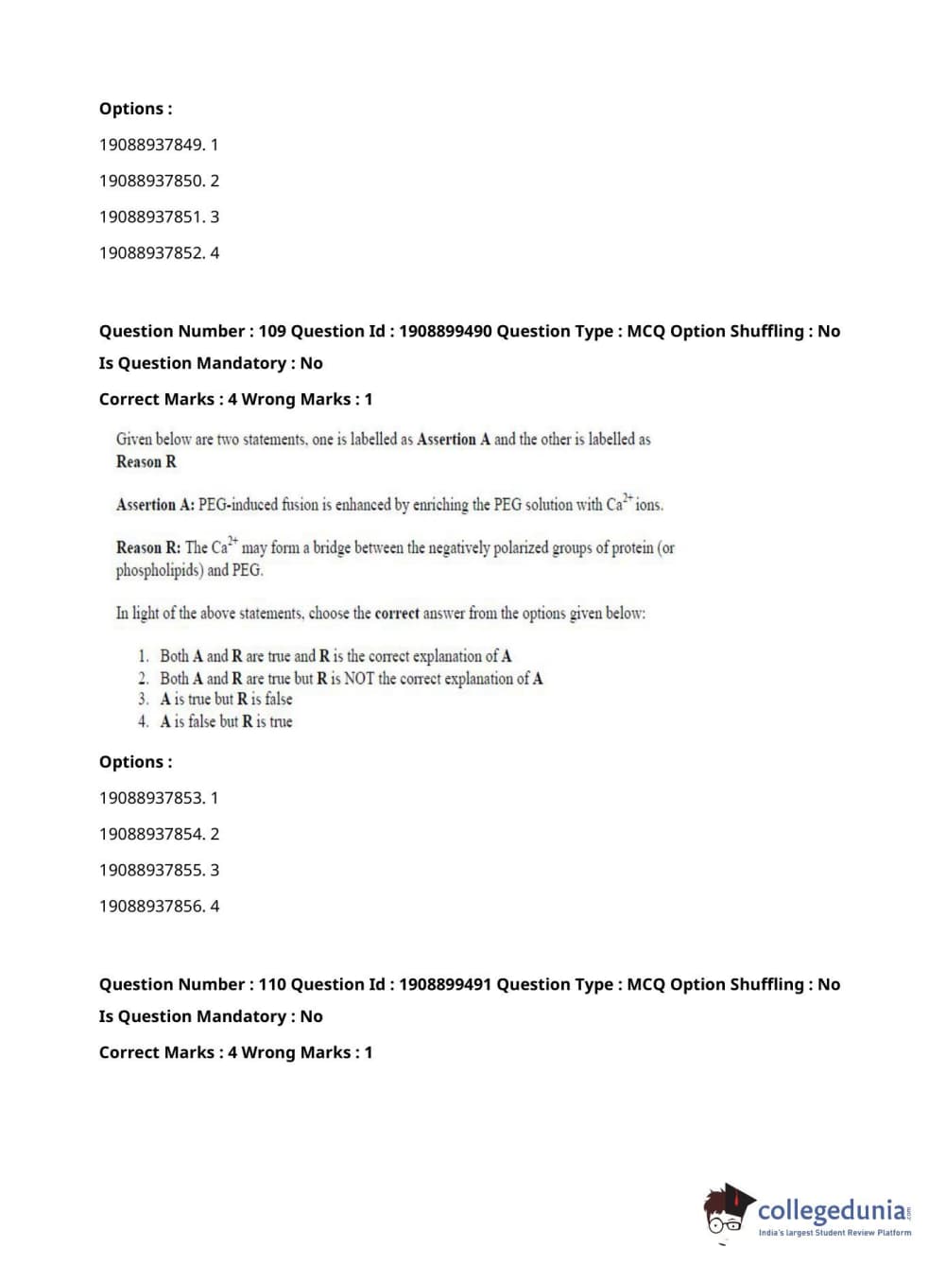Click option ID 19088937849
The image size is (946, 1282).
(151, 145)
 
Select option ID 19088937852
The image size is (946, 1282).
(151, 252)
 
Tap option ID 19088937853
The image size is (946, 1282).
(151, 798)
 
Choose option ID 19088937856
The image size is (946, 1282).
(151, 906)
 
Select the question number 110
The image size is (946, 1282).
(272, 984)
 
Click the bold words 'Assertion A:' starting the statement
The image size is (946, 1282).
(155, 505)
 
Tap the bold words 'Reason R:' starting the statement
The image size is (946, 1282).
(148, 547)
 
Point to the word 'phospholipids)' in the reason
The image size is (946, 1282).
(159, 570)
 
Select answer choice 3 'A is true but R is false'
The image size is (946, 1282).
(226, 700)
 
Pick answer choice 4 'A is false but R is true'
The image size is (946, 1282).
(226, 721)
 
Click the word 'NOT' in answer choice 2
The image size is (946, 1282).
(359, 678)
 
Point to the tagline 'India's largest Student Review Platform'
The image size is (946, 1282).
(834, 1233)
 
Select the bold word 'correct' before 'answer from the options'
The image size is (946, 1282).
(397, 614)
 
